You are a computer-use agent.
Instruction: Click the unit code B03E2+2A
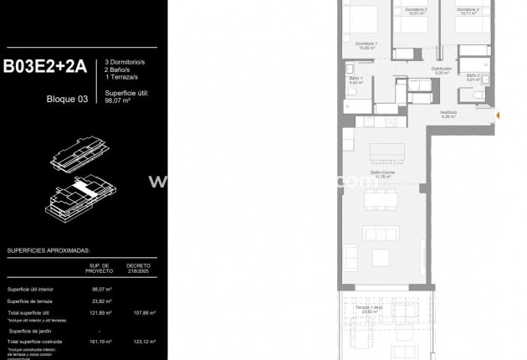45,68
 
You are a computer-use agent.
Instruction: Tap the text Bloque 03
67,98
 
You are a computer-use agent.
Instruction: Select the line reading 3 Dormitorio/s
125,63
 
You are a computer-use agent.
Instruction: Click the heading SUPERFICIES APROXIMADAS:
48,250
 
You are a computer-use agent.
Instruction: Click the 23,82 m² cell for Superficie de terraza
101,301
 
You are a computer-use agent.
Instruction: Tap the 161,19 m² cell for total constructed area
101,342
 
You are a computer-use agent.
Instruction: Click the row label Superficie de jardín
32,329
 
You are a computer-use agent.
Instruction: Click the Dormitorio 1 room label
366,44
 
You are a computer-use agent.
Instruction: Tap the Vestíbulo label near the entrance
448,115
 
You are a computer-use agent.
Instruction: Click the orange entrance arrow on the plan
499,115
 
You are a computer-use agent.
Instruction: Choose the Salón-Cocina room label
384,174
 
